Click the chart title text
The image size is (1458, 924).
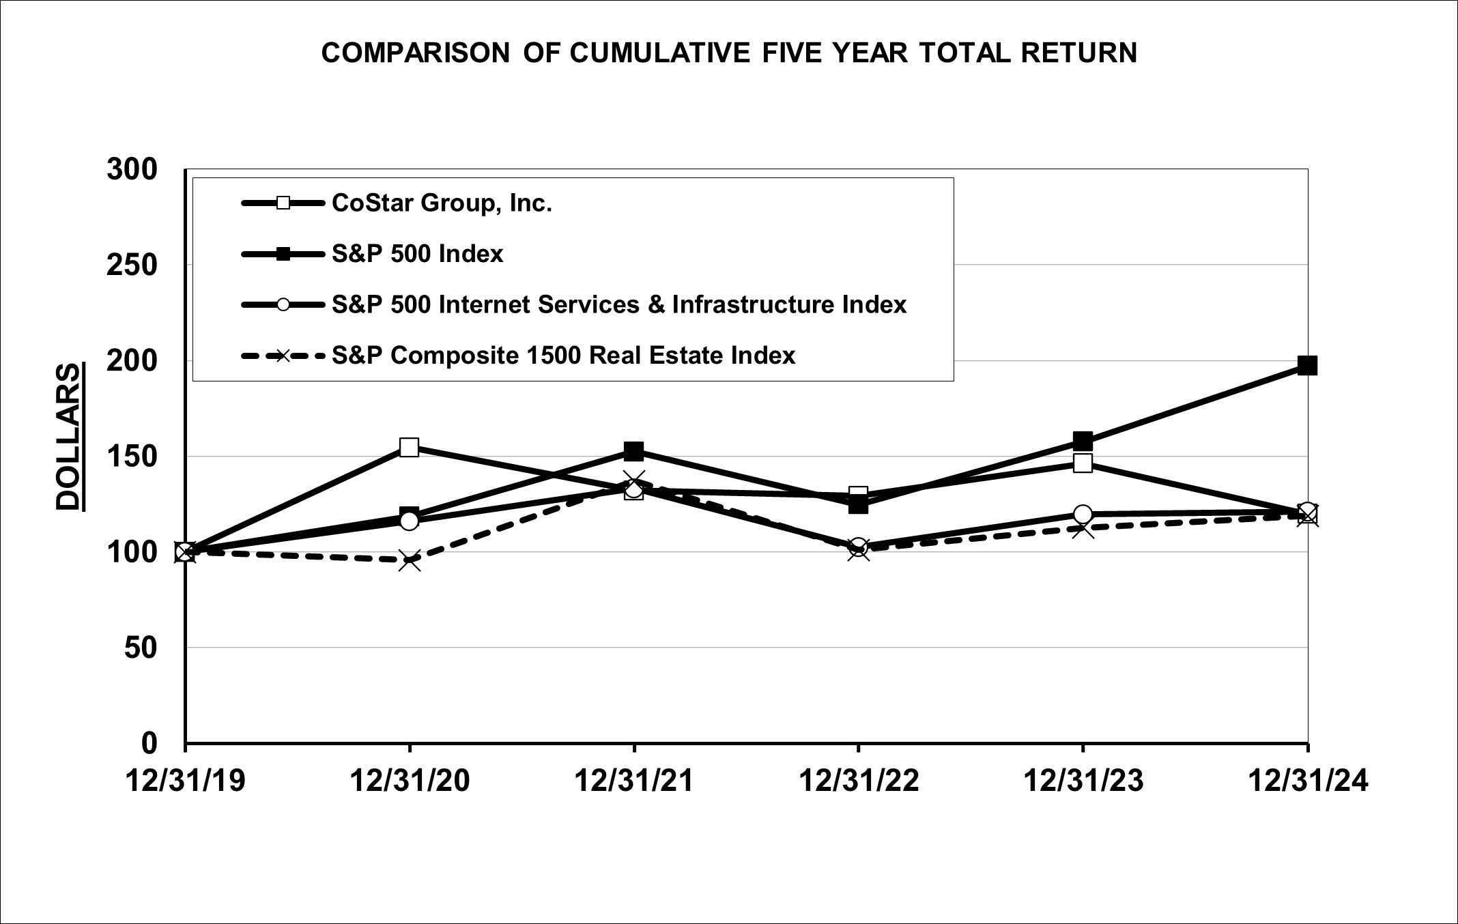(x=729, y=53)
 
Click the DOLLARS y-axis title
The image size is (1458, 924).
(x=69, y=437)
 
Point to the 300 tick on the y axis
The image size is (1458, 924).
(x=132, y=169)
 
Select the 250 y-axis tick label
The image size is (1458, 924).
(x=132, y=265)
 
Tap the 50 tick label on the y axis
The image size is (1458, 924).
(x=141, y=647)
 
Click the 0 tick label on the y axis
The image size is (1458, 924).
(x=149, y=742)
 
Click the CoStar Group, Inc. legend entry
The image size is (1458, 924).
(x=441, y=203)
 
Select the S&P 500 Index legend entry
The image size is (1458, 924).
(x=417, y=254)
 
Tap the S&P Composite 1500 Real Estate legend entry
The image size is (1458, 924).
(x=563, y=356)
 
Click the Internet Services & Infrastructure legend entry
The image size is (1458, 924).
(x=618, y=304)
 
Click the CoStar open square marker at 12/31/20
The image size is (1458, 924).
(x=410, y=447)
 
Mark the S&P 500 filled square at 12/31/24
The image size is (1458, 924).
(x=1307, y=366)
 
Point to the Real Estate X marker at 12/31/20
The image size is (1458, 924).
(x=410, y=561)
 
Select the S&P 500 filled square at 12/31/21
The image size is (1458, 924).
(x=634, y=451)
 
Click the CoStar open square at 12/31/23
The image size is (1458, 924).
(x=1083, y=463)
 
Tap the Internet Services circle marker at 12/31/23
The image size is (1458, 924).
(x=1083, y=514)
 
